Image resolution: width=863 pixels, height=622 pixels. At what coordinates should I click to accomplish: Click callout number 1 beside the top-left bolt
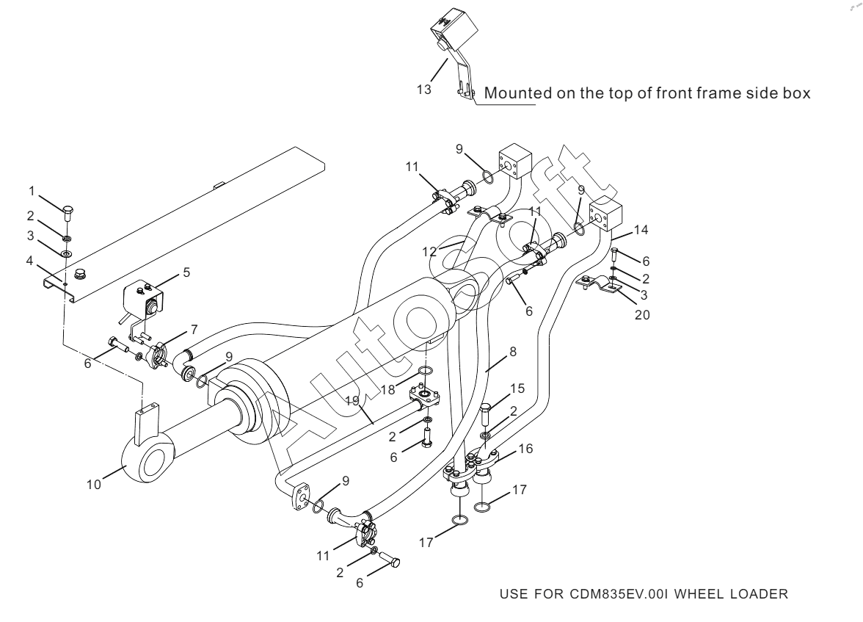[32, 191]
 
